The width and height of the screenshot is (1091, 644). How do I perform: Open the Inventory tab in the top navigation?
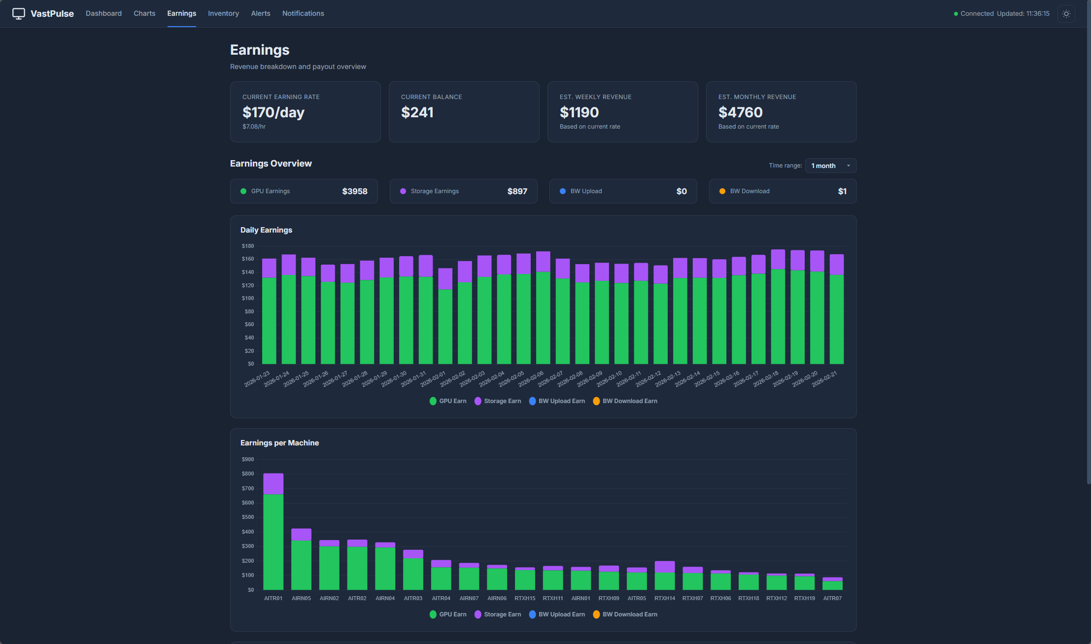[223, 13]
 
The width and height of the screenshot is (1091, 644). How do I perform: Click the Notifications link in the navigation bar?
[303, 13]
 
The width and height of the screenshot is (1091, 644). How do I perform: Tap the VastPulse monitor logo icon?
[19, 13]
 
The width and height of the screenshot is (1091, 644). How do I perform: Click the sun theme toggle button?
[1066, 14]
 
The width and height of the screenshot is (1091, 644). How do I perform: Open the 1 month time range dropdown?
[830, 166]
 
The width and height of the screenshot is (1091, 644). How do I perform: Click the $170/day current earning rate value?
[273, 112]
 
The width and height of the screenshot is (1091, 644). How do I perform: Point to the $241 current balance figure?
[417, 112]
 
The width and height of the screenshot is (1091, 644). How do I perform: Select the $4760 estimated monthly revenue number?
[740, 112]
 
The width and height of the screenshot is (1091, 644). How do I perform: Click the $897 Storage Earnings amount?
[517, 191]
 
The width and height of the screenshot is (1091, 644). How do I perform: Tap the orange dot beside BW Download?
[722, 191]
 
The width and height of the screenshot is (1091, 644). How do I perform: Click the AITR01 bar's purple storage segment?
[273, 484]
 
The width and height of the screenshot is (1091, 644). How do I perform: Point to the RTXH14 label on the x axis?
[664, 598]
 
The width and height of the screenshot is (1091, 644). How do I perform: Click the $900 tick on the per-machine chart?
[248, 459]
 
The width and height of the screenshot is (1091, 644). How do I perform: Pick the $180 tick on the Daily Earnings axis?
[248, 246]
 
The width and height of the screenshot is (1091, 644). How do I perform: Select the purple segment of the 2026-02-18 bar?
[778, 259]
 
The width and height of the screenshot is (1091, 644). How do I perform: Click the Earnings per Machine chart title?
[279, 443]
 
